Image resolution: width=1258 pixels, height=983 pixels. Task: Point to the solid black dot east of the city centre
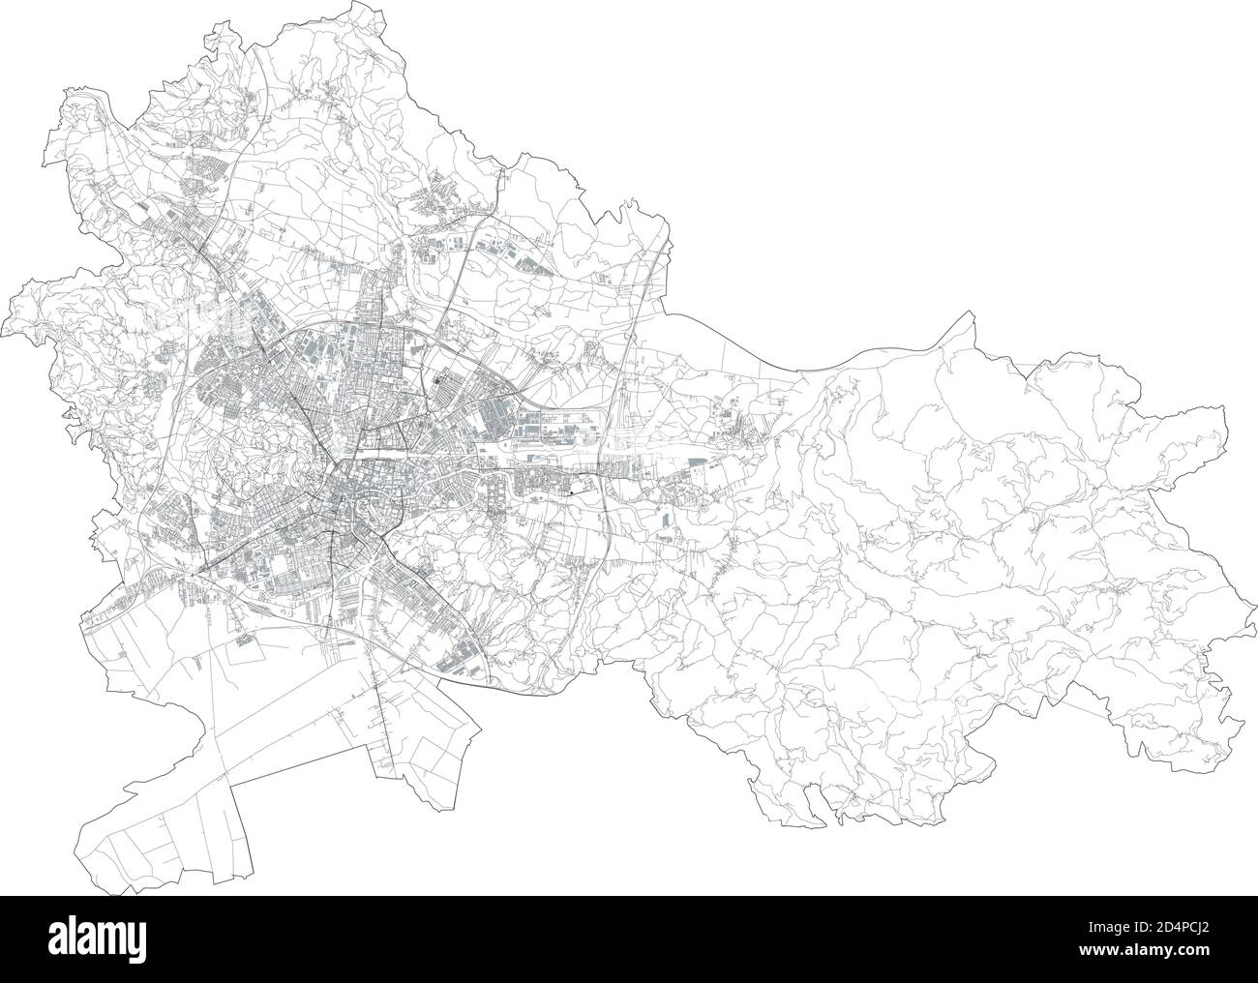571,493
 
